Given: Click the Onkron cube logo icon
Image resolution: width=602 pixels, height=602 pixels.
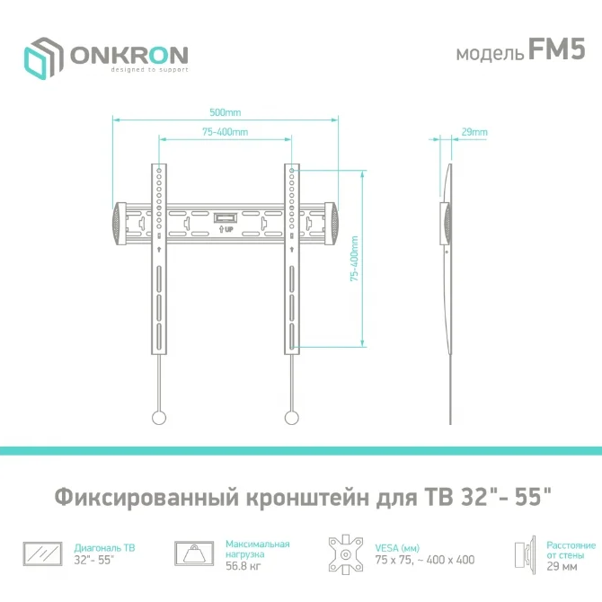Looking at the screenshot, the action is tap(43, 58).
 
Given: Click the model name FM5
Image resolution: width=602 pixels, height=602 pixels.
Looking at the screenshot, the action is tap(556, 49).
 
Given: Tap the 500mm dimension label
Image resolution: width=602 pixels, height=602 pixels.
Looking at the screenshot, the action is tap(226, 112).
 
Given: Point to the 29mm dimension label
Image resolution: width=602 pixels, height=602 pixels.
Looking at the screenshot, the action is tap(474, 132).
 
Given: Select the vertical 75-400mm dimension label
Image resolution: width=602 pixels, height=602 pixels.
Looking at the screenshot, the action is tap(354, 259).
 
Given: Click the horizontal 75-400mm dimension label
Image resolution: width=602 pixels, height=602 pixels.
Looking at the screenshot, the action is tap(226, 132).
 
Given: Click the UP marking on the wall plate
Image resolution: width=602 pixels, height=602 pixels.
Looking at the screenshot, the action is tap(226, 229).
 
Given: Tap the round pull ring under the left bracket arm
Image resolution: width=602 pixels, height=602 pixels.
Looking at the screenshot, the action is tap(159, 418).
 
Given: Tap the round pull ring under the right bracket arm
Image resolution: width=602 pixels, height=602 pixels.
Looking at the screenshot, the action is tap(292, 418).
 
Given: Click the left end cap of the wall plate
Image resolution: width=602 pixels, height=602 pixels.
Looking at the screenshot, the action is tap(119, 224).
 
